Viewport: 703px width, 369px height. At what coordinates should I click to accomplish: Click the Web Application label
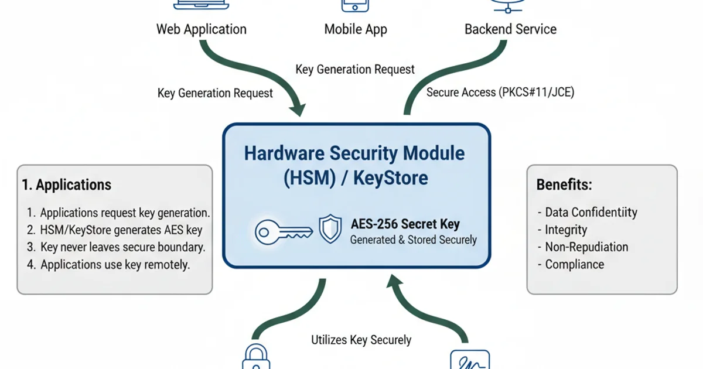pyautogui.click(x=201, y=29)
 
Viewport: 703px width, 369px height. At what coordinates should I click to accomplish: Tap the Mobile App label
pyautogui.click(x=356, y=29)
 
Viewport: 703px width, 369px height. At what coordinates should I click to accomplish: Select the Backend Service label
pyautogui.click(x=510, y=29)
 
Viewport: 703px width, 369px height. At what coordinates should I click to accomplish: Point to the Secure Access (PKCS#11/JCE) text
pyautogui.click(x=500, y=93)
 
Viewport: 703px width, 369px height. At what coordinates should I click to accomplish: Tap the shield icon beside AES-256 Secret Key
pyautogui.click(x=330, y=229)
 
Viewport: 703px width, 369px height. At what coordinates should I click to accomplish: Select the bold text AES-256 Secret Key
pyautogui.click(x=405, y=224)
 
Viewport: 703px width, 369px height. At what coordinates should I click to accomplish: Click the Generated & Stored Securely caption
pyautogui.click(x=413, y=240)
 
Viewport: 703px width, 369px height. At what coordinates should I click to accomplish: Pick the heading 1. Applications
pyautogui.click(x=66, y=185)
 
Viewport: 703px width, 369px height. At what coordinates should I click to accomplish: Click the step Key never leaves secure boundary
pyautogui.click(x=122, y=247)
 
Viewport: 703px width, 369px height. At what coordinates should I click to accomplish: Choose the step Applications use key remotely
pyautogui.click(x=115, y=264)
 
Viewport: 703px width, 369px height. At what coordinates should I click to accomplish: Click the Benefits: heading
pyautogui.click(x=564, y=185)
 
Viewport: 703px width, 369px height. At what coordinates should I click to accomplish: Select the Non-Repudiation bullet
pyautogui.click(x=586, y=247)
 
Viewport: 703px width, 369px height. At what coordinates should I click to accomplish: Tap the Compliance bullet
pyautogui.click(x=574, y=264)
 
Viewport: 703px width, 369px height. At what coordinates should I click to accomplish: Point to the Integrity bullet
pyautogui.click(x=566, y=230)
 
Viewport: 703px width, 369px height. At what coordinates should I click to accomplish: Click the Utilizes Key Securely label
pyautogui.click(x=361, y=340)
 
